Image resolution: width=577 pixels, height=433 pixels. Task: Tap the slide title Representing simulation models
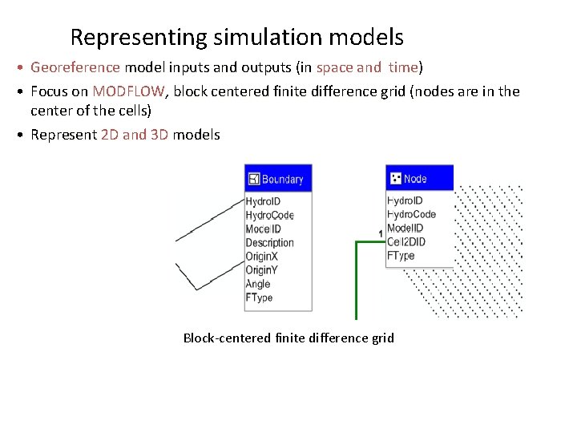236,37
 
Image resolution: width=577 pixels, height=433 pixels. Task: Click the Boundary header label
283,179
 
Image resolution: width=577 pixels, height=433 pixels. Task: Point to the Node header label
415,179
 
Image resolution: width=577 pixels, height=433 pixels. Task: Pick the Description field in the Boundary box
269,243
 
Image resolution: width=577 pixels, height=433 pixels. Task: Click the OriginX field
262,257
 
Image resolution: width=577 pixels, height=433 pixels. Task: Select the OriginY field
262,270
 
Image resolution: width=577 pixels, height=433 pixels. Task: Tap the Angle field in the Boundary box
258,284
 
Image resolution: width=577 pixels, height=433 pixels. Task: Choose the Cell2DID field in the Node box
406,242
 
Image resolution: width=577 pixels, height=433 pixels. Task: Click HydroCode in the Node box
411,214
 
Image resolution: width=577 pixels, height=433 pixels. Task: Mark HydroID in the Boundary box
262,201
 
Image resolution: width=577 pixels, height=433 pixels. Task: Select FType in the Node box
401,256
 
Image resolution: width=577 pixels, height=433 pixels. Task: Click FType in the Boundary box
259,297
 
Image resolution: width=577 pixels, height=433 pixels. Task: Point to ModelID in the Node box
406,229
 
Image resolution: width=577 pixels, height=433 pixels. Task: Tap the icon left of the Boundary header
254,179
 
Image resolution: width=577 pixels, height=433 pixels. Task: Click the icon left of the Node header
394,179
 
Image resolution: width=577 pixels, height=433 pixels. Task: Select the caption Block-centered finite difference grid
288,338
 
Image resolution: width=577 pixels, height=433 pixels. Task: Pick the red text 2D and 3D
135,135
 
